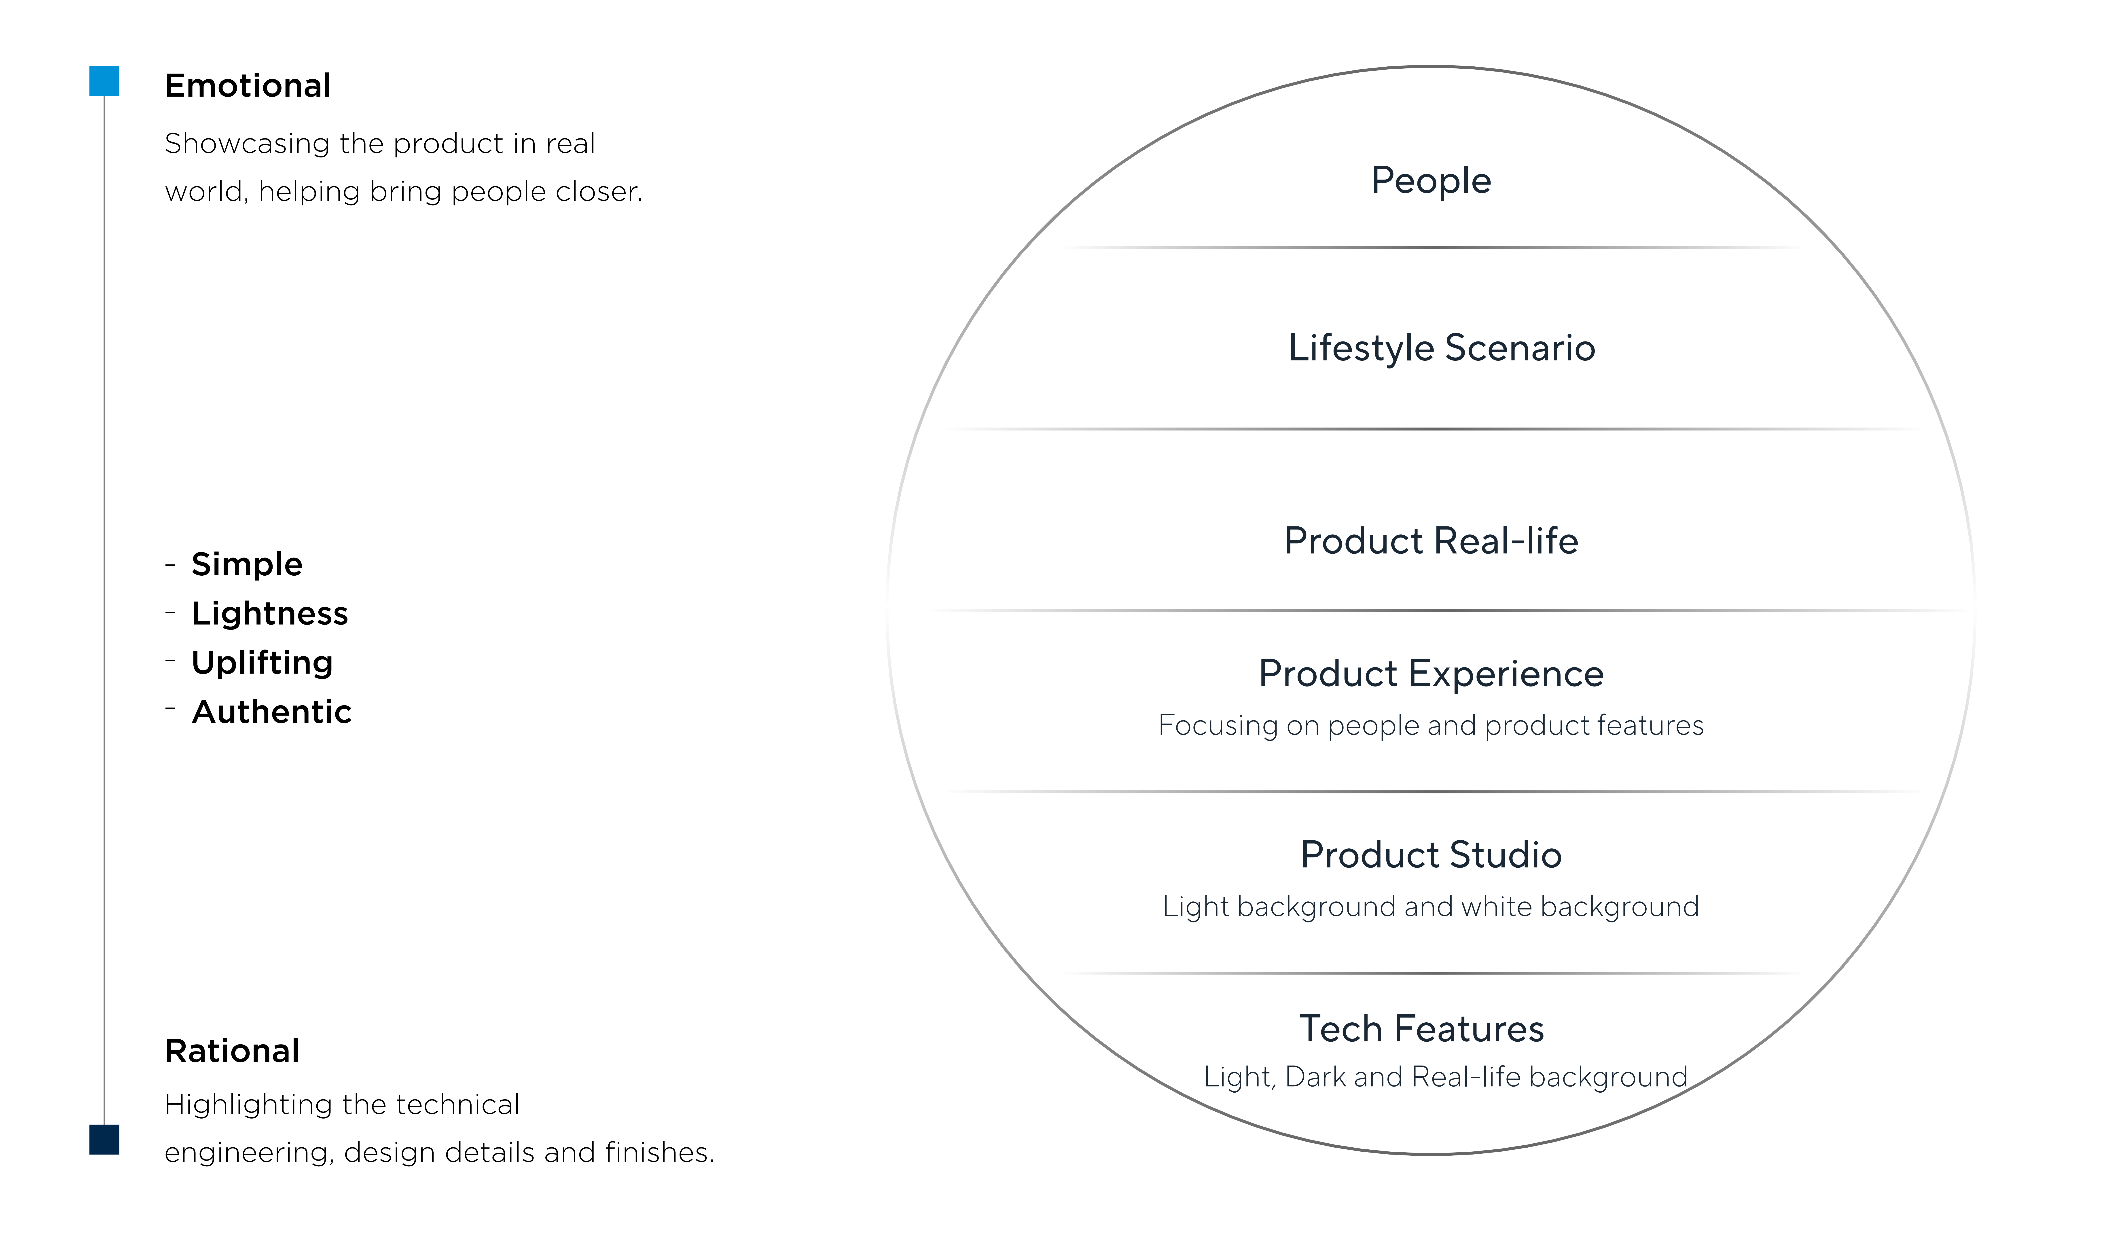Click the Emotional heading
pos(248,85)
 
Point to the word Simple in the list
pos(247,564)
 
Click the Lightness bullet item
pos(270,614)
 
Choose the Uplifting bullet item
pos(262,663)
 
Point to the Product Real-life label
pos(1431,541)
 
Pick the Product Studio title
pos(1431,855)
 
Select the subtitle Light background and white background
pos(1431,907)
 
